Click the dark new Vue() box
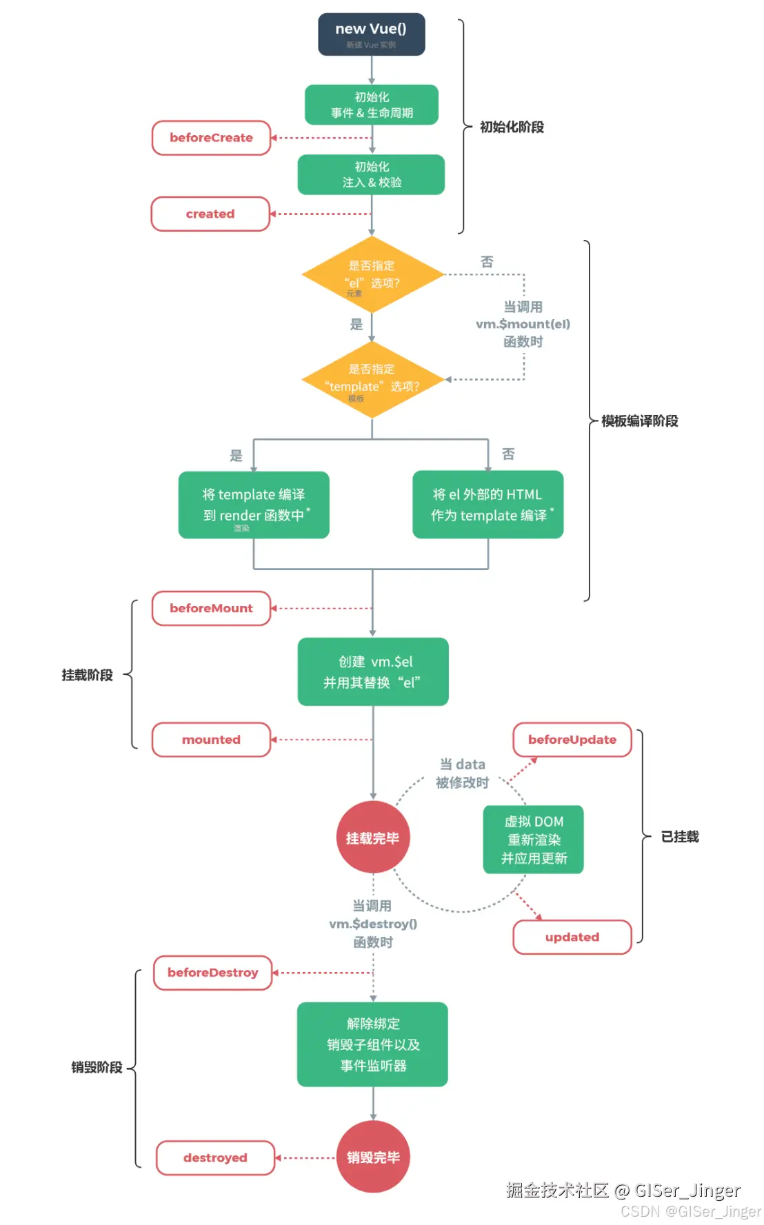pos(371,34)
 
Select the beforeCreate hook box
pos(211,138)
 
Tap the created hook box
pos(210,214)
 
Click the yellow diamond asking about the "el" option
pos(372,274)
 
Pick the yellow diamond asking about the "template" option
pos(372,379)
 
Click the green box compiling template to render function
pos(254,505)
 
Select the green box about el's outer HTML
pos(487,505)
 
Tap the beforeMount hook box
pos(211,608)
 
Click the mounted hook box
pos(211,740)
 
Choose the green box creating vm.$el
pos(373,671)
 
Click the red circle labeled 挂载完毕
pos(372,838)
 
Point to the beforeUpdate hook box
pos(572,740)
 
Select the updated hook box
pos(572,937)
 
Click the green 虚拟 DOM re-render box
pos(534,840)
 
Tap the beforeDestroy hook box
pos(212,973)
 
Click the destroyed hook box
pos(215,1157)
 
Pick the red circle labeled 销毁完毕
pos(373,1157)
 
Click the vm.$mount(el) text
pos(523,324)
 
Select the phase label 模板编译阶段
pos(639,421)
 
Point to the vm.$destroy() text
pos(373,924)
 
